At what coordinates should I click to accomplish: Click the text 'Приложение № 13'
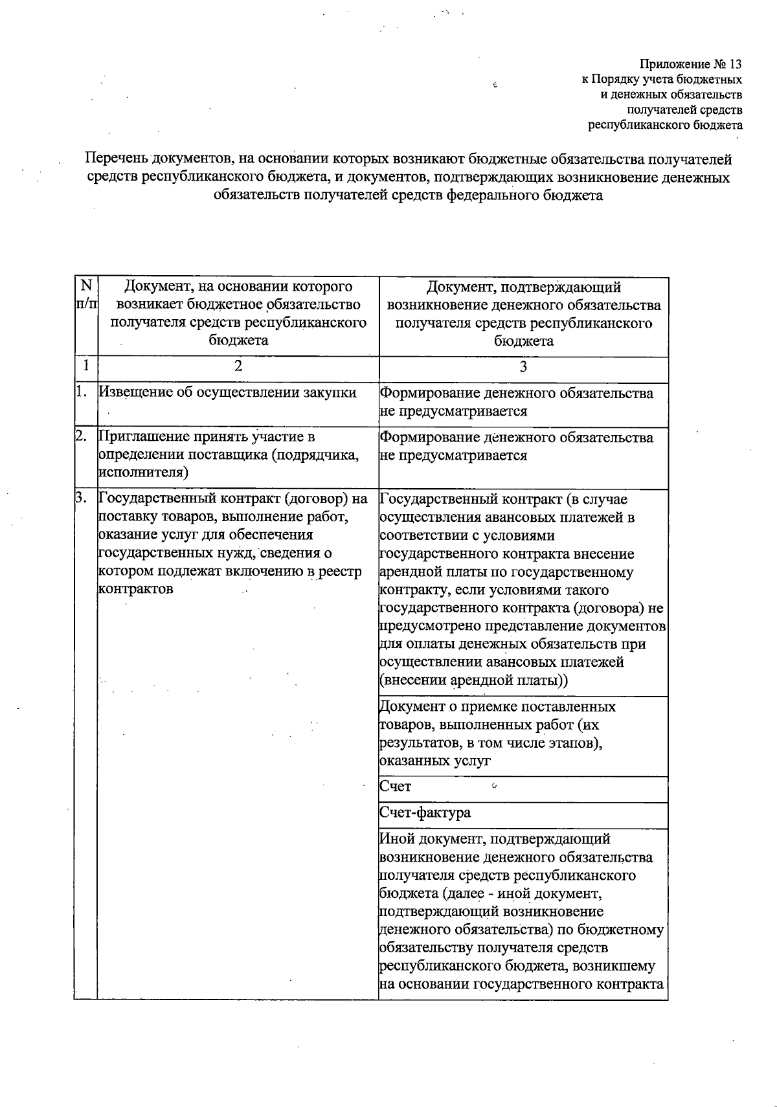(x=690, y=64)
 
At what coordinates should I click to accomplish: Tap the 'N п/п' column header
(x=85, y=295)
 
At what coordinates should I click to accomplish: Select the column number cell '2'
(x=238, y=366)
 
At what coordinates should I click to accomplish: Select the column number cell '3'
(x=523, y=366)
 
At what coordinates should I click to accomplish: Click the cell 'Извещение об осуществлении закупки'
(x=227, y=392)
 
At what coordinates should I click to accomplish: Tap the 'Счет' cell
(x=396, y=787)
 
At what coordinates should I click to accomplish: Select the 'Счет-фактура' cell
(x=425, y=812)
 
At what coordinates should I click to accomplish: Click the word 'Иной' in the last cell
(x=396, y=839)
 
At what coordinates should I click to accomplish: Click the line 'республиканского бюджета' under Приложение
(x=665, y=125)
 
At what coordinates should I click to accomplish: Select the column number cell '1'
(x=85, y=366)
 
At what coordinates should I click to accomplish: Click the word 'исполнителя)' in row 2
(x=142, y=473)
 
